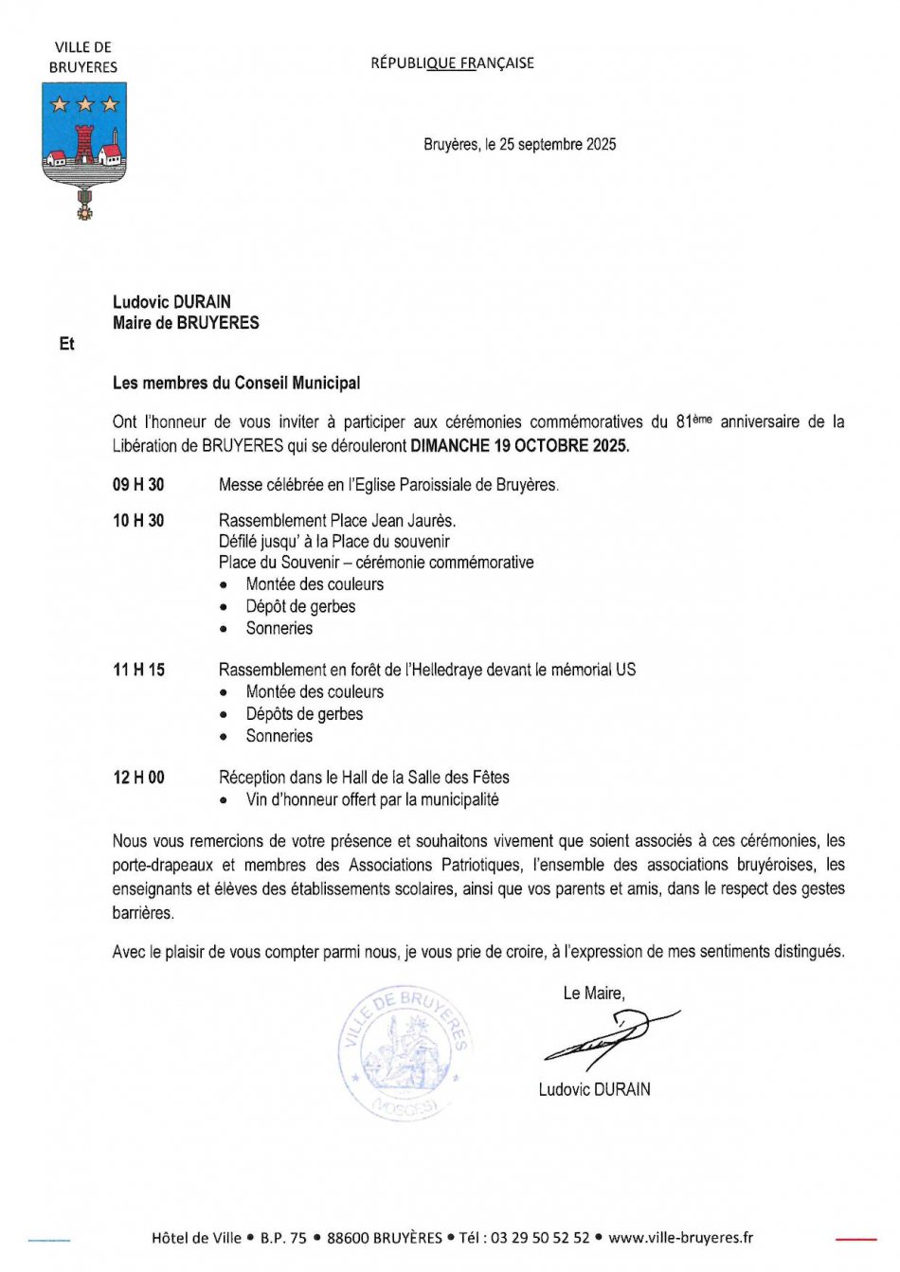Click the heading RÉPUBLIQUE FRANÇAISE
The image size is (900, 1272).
[x=452, y=63]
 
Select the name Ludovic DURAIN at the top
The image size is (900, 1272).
[x=171, y=302]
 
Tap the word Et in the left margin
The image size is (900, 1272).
[x=66, y=344]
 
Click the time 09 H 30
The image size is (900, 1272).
[x=138, y=485]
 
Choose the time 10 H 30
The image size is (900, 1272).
[x=138, y=521]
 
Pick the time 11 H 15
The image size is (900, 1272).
[x=138, y=670]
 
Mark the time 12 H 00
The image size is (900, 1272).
[x=138, y=778]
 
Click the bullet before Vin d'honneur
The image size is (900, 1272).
[x=224, y=800]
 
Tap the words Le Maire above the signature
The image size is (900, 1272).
[x=593, y=993]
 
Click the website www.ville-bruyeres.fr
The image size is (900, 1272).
[x=680, y=1238]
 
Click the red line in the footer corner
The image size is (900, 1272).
[x=855, y=1238]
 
